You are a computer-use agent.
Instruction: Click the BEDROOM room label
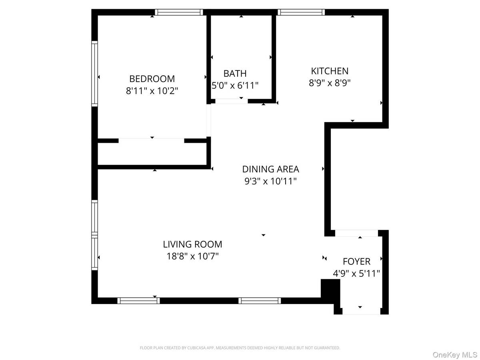tap(152, 79)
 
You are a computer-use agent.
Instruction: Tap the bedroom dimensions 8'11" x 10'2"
tap(152, 91)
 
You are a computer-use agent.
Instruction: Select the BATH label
tap(235, 74)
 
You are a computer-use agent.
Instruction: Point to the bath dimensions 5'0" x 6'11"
tap(235, 85)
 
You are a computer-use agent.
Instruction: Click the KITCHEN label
tap(330, 71)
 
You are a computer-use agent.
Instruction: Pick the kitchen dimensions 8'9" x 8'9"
tap(330, 83)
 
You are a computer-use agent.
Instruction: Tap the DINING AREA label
tap(271, 169)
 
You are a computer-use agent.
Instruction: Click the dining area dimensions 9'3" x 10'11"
tap(271, 181)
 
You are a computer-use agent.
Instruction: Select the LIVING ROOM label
tap(192, 244)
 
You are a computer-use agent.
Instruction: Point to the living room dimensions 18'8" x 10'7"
tap(192, 256)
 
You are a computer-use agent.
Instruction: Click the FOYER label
tap(356, 262)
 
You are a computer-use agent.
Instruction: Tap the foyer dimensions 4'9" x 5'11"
tap(356, 274)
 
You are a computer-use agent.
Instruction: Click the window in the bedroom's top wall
tap(179, 12)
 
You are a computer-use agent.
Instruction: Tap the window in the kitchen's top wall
tap(301, 12)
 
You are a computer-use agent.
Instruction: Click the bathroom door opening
tap(231, 101)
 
